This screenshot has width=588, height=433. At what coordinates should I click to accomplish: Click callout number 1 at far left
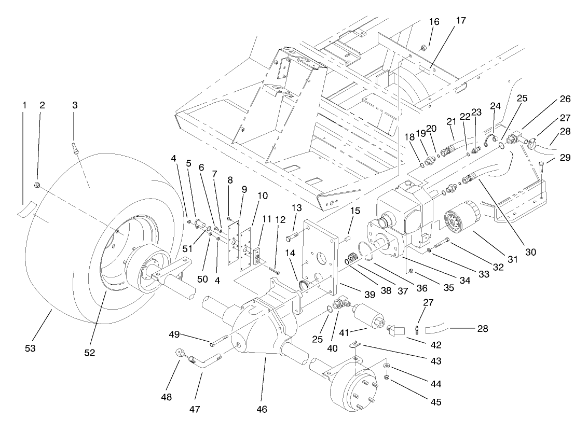(x=24, y=105)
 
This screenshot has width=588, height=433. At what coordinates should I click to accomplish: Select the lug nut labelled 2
(x=37, y=185)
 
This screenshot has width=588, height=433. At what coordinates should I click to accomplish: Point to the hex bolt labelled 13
(x=291, y=238)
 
